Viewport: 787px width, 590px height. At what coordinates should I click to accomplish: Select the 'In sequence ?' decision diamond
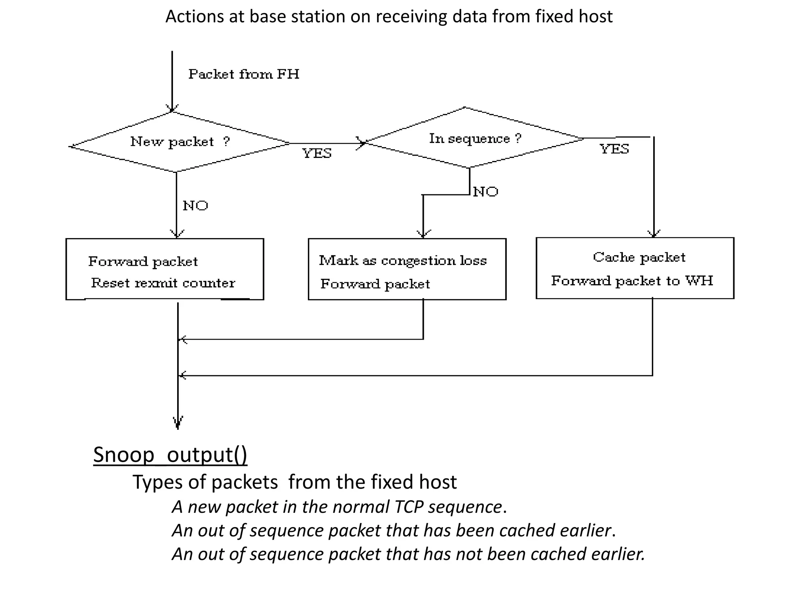(x=475, y=138)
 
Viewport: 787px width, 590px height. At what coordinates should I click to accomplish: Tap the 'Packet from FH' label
(x=244, y=74)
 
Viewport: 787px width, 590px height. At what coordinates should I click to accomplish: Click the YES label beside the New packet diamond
(x=317, y=153)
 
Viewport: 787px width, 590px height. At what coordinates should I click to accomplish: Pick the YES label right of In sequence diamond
(x=614, y=149)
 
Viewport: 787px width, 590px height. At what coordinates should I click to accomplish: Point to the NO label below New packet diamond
(x=195, y=206)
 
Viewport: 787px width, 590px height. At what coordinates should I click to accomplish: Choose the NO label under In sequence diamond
(x=485, y=192)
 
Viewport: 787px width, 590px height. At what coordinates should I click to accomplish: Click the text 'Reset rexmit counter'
(x=163, y=283)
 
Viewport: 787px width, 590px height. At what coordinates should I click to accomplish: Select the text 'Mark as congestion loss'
(x=403, y=260)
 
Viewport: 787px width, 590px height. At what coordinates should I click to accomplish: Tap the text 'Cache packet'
(x=639, y=257)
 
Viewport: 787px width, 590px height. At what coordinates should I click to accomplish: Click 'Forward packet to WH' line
(x=632, y=281)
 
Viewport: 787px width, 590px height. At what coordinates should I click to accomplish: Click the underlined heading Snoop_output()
(x=170, y=455)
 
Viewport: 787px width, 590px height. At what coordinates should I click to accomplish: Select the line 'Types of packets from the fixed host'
(x=294, y=482)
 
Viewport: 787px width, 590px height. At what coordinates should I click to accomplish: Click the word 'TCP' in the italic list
(x=409, y=507)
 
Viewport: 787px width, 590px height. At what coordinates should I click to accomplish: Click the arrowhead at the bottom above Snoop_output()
(x=178, y=422)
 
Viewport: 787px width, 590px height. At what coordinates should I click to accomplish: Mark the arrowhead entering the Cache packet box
(x=654, y=234)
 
